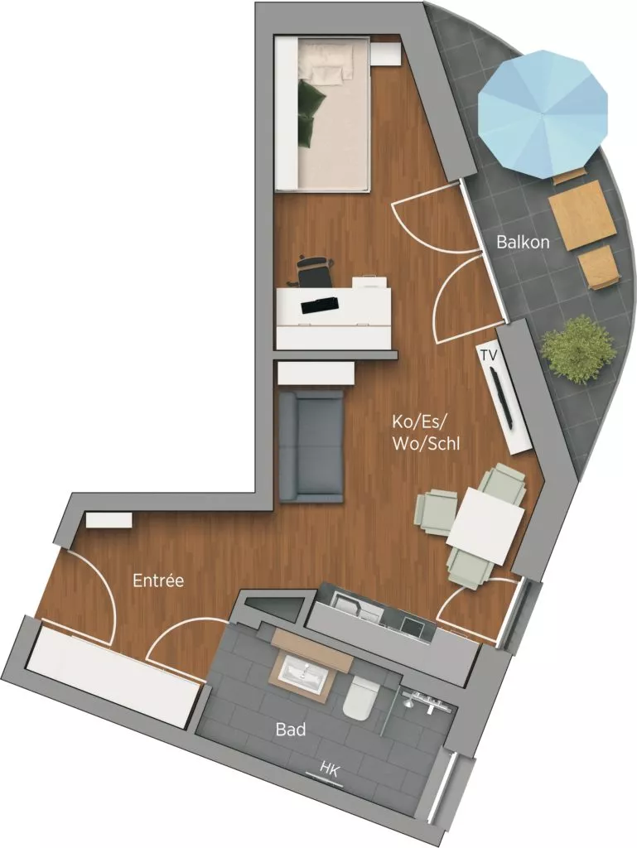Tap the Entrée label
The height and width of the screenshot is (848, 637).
click(157, 581)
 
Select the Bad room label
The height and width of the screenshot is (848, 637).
click(291, 730)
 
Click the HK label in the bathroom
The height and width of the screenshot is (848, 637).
click(331, 768)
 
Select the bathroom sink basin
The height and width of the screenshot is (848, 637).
click(304, 672)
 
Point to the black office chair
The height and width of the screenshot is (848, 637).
click(313, 272)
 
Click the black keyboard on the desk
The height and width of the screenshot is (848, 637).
click(320, 304)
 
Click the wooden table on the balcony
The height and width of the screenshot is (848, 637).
click(582, 210)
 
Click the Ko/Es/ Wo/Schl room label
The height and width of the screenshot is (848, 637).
click(426, 432)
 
